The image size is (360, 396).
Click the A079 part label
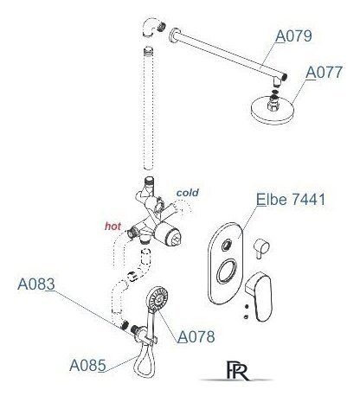[293, 35]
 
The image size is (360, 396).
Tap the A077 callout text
[325, 72]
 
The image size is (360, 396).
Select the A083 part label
[36, 284]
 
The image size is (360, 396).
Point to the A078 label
[196, 336]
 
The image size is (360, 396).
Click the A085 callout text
[87, 366]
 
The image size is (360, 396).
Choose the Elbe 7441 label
[291, 199]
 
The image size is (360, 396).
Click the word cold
[188, 193]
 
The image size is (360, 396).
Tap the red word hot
[112, 227]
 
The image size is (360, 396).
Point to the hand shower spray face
[157, 298]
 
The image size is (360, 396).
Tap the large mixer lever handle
[260, 297]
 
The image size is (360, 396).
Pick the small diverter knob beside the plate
[261, 247]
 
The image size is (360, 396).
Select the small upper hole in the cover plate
[226, 246]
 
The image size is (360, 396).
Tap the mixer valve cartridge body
[168, 235]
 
